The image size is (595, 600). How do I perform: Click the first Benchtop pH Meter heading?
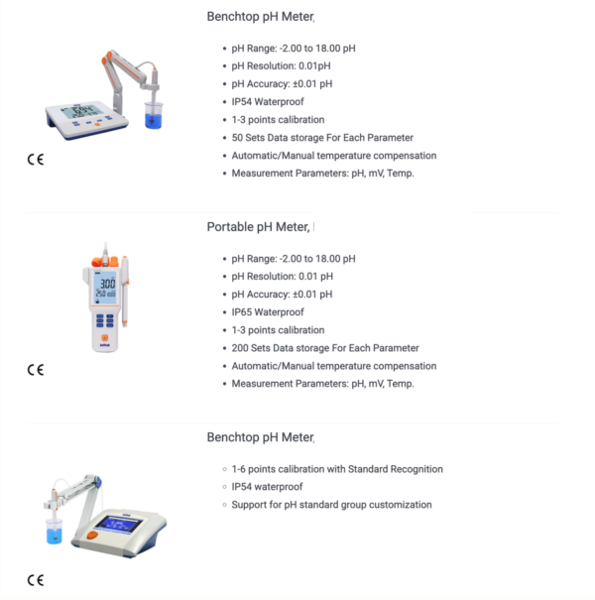260,17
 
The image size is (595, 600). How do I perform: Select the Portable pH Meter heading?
258,227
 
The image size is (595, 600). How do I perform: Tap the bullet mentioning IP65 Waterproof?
268,312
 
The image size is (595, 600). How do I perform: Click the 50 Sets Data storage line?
322,138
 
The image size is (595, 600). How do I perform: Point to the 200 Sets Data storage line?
324,348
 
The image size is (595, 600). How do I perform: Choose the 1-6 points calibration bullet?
337,469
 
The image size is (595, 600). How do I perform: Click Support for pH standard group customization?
331,505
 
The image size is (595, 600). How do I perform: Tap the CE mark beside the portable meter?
36,370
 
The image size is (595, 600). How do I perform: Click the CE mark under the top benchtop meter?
36,160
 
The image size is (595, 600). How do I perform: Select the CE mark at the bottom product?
36,580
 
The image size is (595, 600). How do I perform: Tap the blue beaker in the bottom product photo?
55,535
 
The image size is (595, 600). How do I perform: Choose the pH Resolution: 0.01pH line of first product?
282,66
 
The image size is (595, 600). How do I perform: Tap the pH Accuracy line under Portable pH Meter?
282,295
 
